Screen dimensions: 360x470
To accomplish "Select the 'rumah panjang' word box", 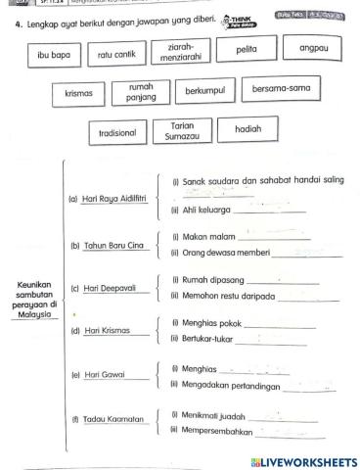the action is pyautogui.click(x=141, y=93).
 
